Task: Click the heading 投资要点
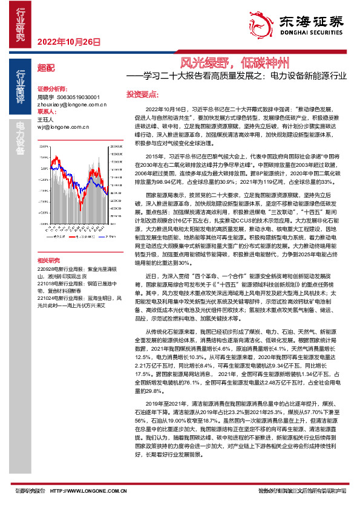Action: (x=142, y=94)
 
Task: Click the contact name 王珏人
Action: (x=45, y=120)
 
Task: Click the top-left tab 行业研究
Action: (x=20, y=24)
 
